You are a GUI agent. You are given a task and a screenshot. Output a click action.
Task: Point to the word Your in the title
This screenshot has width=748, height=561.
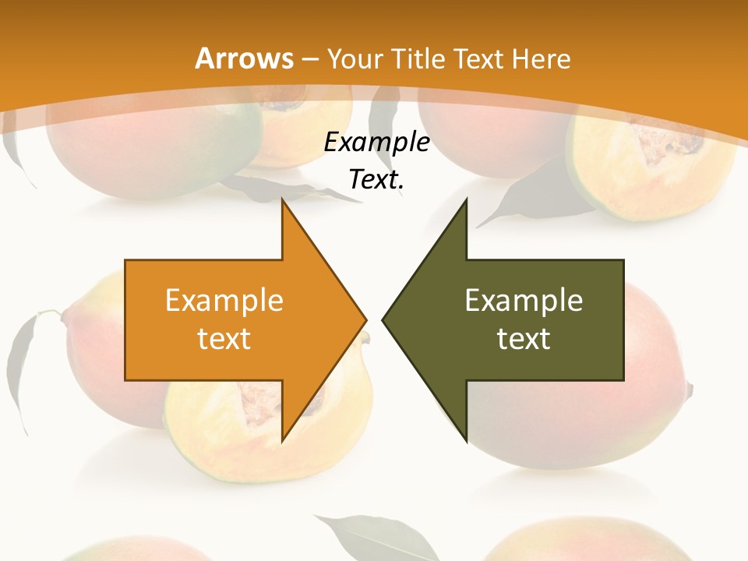pyautogui.click(x=355, y=59)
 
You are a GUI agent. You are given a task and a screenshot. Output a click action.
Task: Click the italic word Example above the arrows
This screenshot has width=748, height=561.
pyautogui.click(x=376, y=143)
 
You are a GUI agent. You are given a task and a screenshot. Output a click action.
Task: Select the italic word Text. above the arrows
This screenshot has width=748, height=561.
pyautogui.click(x=376, y=180)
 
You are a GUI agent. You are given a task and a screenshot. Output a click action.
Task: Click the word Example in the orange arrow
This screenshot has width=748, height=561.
pyautogui.click(x=224, y=300)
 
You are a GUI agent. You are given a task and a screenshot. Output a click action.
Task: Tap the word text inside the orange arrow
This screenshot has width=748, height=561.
pyautogui.click(x=224, y=338)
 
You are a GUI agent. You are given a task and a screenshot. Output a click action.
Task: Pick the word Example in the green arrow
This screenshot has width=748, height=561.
pyautogui.click(x=524, y=300)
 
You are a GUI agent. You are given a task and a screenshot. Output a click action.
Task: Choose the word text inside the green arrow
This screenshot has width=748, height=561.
pyautogui.click(x=524, y=338)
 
